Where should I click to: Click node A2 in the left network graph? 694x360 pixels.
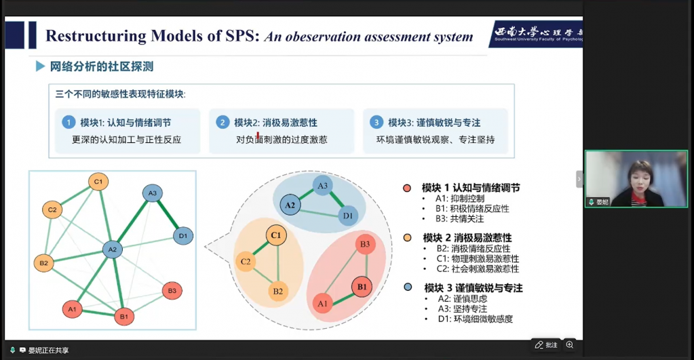(x=113, y=249)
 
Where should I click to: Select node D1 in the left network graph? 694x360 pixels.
(x=182, y=236)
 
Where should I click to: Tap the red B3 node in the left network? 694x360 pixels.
(x=172, y=292)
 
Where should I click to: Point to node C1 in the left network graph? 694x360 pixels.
(x=98, y=181)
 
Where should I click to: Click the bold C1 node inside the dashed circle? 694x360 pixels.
(x=275, y=235)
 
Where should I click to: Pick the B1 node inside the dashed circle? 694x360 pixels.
(x=362, y=287)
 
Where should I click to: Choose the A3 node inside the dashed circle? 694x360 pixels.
(x=323, y=185)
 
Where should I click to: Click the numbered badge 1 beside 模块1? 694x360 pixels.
(x=68, y=123)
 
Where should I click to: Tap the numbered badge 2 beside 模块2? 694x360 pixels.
(x=222, y=123)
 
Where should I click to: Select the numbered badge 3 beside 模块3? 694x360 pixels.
(x=376, y=123)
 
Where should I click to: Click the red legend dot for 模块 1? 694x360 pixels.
(x=407, y=188)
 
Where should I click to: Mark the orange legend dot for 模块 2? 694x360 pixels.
(x=407, y=238)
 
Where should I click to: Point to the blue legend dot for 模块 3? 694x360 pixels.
(x=407, y=288)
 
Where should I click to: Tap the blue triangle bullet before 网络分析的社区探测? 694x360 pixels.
(x=41, y=67)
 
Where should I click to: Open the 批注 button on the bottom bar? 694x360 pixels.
(x=546, y=344)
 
